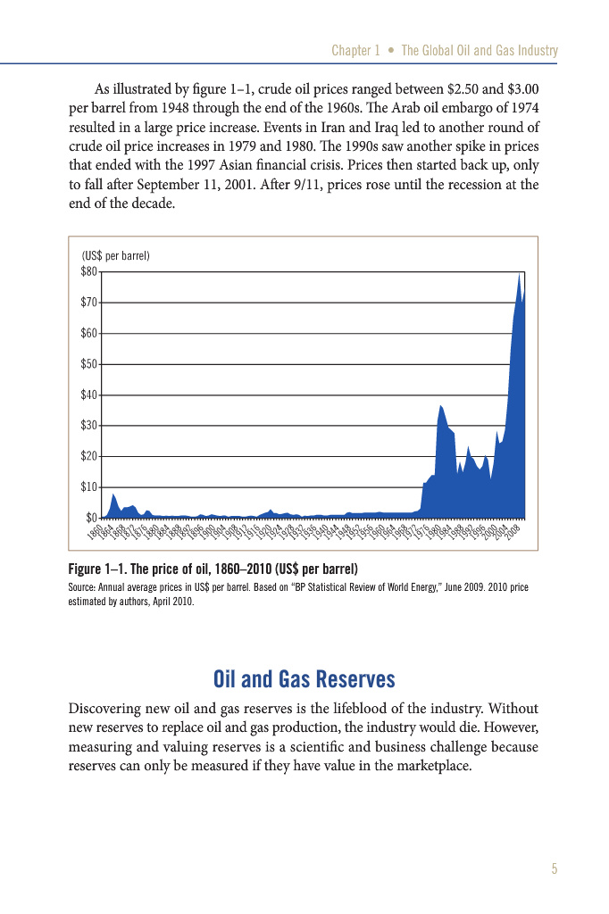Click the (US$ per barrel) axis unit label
pyautogui.click(x=115, y=256)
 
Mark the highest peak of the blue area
pyautogui.click(x=519, y=274)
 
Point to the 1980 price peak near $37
pyautogui.click(x=440, y=406)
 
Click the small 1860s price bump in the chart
pyautogui.click(x=113, y=496)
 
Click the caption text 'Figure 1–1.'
pyautogui.click(x=100, y=569)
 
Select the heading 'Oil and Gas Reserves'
pyautogui.click(x=304, y=680)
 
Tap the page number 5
pyautogui.click(x=555, y=869)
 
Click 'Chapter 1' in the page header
pyautogui.click(x=355, y=51)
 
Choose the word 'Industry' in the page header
pyautogui.click(x=534, y=51)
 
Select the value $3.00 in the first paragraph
pyautogui.click(x=517, y=90)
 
